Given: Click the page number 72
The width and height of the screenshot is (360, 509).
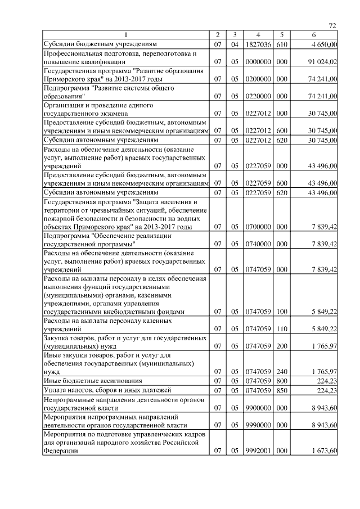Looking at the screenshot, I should point(332,26).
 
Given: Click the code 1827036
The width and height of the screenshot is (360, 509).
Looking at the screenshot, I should point(259,43).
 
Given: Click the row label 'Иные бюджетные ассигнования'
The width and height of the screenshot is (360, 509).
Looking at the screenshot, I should point(84,381).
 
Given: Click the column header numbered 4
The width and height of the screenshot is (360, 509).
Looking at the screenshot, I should point(259,35).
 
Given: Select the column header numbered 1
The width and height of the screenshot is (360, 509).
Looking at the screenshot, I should point(126,35).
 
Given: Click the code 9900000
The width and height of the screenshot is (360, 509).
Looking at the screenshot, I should point(259,407).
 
